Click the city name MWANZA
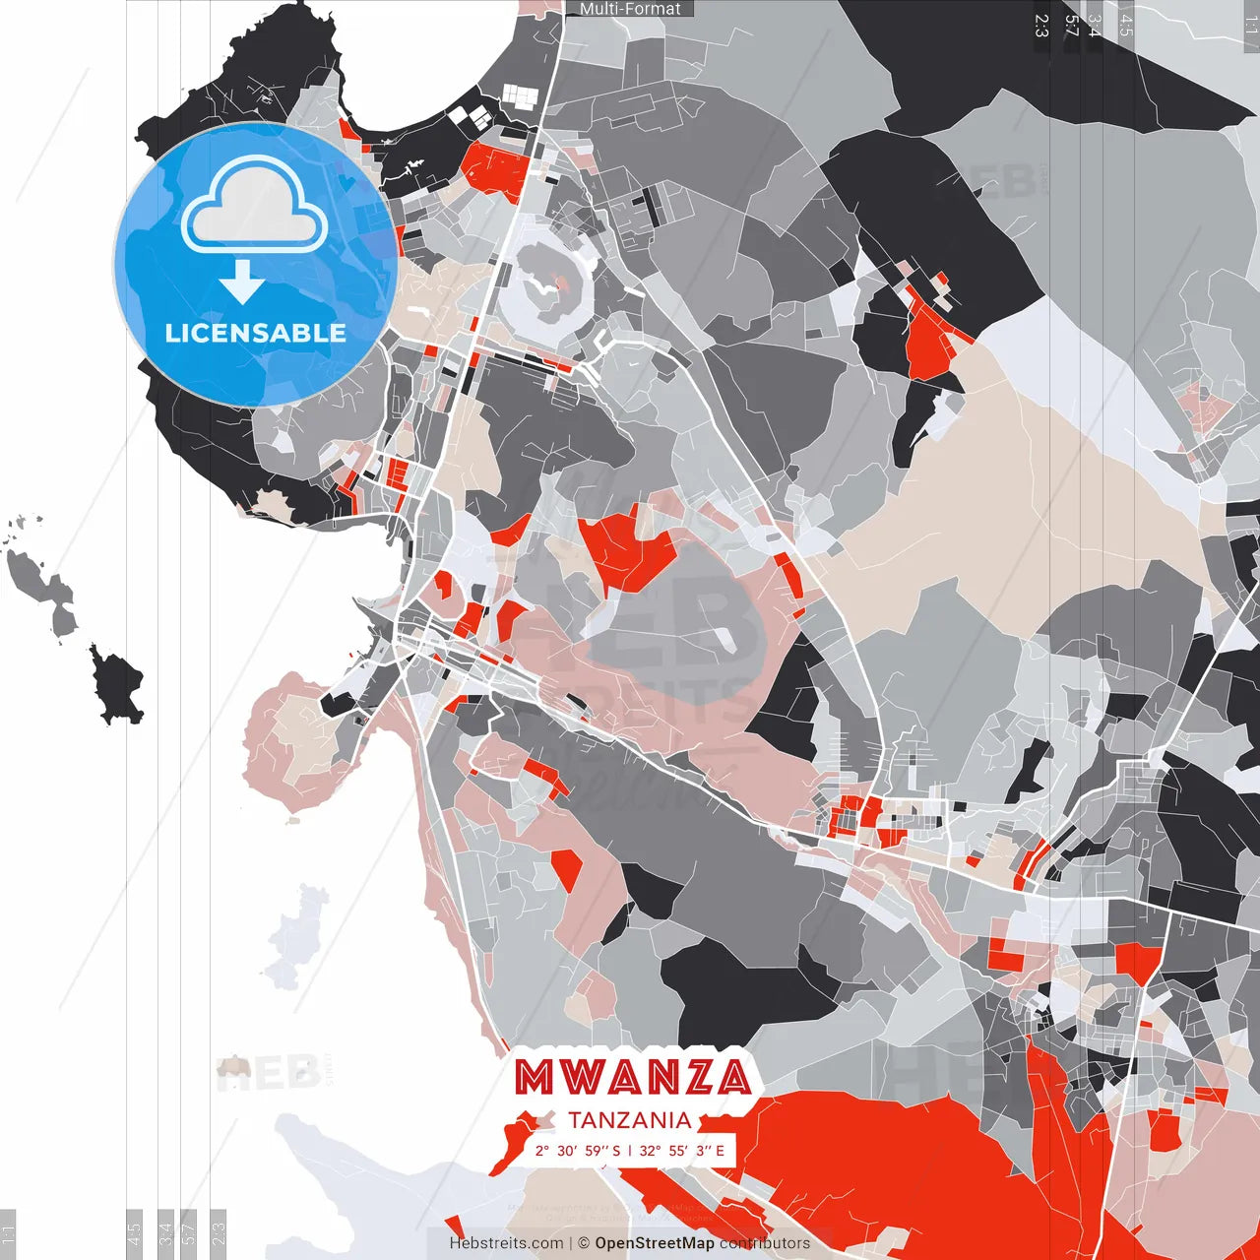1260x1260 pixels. (633, 1077)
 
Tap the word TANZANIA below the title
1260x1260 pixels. (629, 1120)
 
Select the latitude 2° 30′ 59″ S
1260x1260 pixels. (578, 1151)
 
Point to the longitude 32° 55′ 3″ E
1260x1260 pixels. (681, 1151)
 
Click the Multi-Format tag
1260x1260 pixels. (630, 9)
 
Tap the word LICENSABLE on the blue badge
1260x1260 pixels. (255, 333)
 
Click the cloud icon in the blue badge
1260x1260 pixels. (255, 205)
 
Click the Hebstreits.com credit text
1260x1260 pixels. (506, 1243)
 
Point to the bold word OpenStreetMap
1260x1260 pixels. (654, 1243)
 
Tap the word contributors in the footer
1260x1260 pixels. (765, 1243)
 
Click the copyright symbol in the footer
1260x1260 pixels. (584, 1243)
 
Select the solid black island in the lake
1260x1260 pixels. (118, 685)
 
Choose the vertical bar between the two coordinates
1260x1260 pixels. (630, 1151)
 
